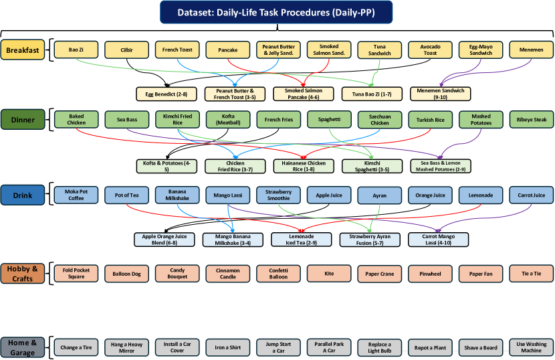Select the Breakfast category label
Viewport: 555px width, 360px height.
click(x=23, y=50)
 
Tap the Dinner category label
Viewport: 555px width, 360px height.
click(x=23, y=120)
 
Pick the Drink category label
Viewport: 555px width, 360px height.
click(x=23, y=195)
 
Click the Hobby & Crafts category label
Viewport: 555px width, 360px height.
click(x=23, y=273)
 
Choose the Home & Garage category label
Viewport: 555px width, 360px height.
click(x=23, y=347)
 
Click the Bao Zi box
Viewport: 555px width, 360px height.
click(x=76, y=50)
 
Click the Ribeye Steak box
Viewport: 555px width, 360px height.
click(x=532, y=120)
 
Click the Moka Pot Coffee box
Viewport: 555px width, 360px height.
click(x=76, y=195)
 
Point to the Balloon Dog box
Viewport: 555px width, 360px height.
click(x=126, y=273)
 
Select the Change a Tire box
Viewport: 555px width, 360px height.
click(x=76, y=347)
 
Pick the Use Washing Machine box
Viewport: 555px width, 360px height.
click(x=532, y=347)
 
